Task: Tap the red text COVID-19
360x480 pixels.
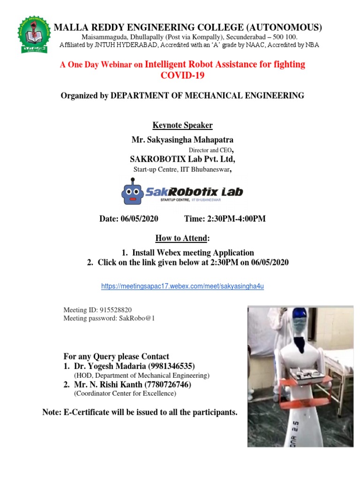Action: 182,75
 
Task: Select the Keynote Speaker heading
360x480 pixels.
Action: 182,125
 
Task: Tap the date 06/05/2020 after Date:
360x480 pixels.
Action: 139,219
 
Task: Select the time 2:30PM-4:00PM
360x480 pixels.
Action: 236,219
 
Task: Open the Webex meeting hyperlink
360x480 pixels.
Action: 183,286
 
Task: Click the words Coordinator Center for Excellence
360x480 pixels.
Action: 125,394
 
